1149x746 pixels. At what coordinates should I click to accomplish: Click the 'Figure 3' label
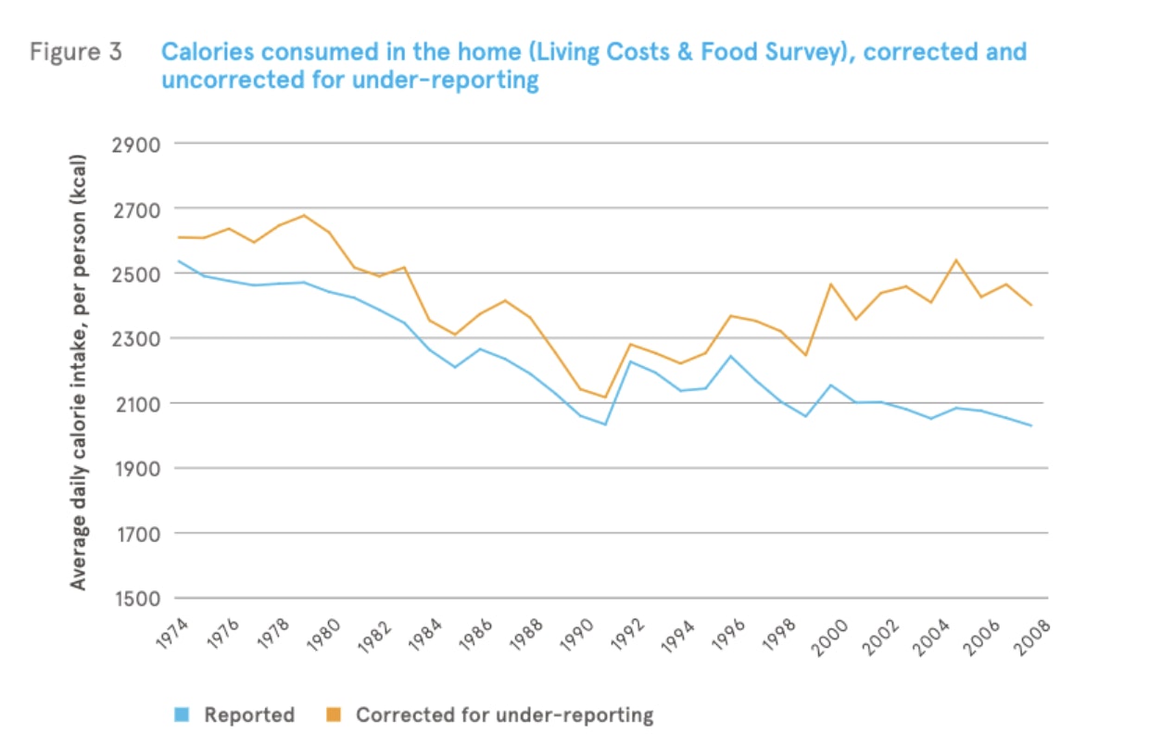pos(75,51)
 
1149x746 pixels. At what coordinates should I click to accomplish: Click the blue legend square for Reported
pos(183,714)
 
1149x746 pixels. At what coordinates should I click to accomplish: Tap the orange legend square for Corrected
pos(335,714)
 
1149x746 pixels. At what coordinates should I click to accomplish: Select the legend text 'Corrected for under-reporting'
pos(504,714)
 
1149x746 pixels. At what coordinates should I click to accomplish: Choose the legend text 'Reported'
pos(249,714)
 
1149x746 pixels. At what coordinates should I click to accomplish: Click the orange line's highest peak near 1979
pos(304,215)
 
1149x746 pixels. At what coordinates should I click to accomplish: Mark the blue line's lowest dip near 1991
pos(605,424)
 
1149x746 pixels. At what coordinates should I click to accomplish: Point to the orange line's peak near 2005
pos(955,260)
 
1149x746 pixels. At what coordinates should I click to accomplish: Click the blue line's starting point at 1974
pos(178,261)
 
